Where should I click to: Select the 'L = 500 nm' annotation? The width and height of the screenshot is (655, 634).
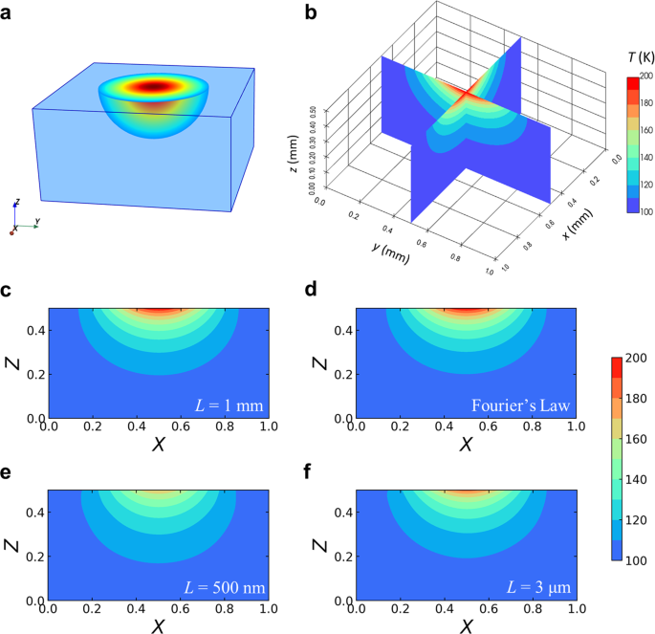[x=221, y=584]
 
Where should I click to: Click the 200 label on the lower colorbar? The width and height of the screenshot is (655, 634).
[x=639, y=358]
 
